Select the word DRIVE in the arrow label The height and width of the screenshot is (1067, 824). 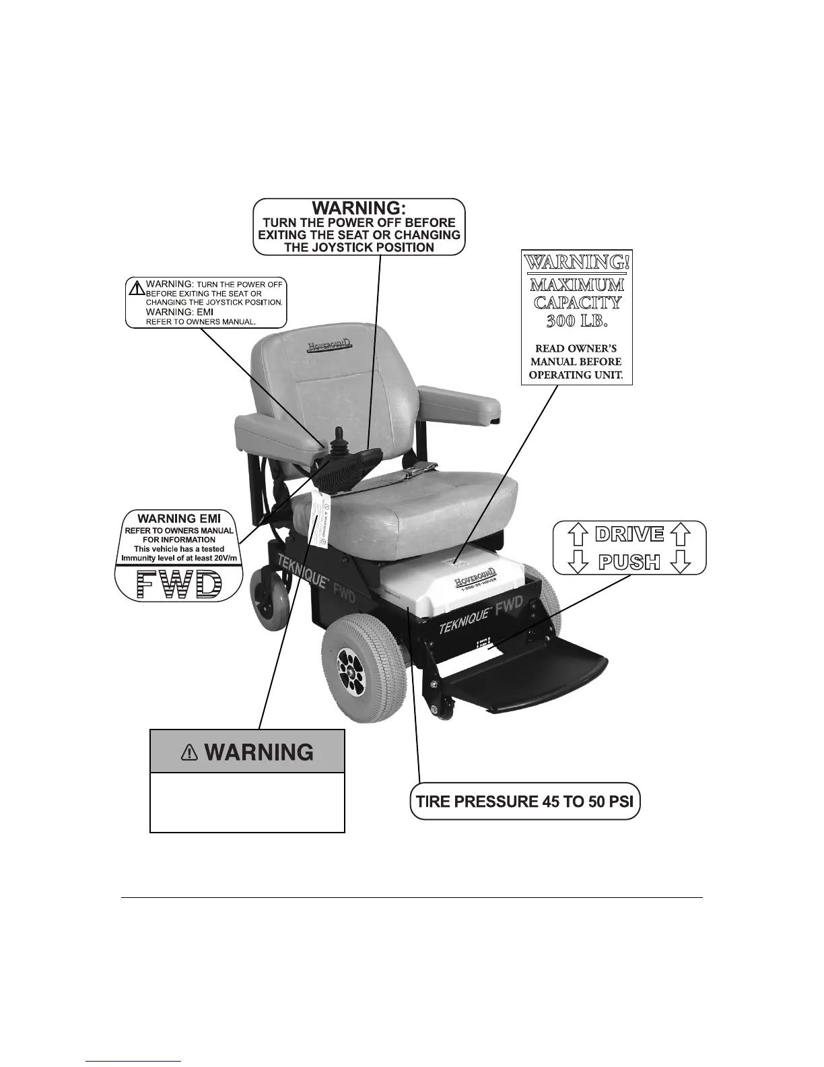629,535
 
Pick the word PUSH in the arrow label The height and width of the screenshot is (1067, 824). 629,561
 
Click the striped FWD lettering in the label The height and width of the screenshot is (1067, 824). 178,584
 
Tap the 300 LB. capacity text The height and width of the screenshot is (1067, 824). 577,321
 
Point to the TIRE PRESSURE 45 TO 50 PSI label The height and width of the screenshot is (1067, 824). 524,802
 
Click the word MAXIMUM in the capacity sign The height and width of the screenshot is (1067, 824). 577,284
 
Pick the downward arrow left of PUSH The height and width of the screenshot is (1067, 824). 577,561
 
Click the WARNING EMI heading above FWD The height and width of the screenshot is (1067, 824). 179,519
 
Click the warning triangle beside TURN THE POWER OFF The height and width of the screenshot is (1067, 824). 137,288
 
